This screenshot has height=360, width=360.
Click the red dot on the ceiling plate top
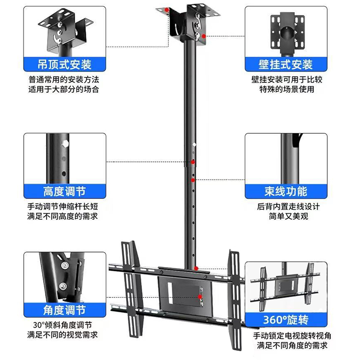pyautogui.click(x=167, y=9)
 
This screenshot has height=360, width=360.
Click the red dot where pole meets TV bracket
pyautogui.click(x=197, y=268)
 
